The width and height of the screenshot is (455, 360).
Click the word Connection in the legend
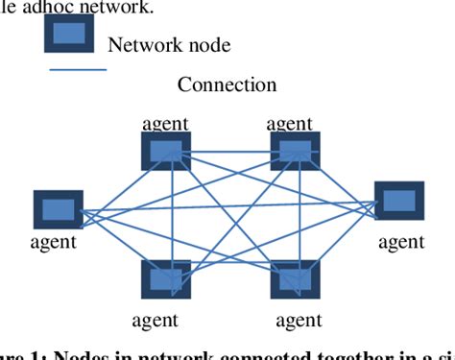point(227,84)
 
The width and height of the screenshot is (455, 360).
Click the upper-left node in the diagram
point(166,150)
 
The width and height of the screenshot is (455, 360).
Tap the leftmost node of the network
point(58,209)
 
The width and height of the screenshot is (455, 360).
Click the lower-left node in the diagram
point(166,279)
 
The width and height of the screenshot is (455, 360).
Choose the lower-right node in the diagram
point(294,279)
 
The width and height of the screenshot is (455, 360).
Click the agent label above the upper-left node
point(165,123)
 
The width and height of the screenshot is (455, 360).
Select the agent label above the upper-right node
point(289,123)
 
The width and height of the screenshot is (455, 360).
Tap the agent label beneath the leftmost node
point(53,242)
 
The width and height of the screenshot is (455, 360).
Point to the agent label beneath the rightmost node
point(400,242)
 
